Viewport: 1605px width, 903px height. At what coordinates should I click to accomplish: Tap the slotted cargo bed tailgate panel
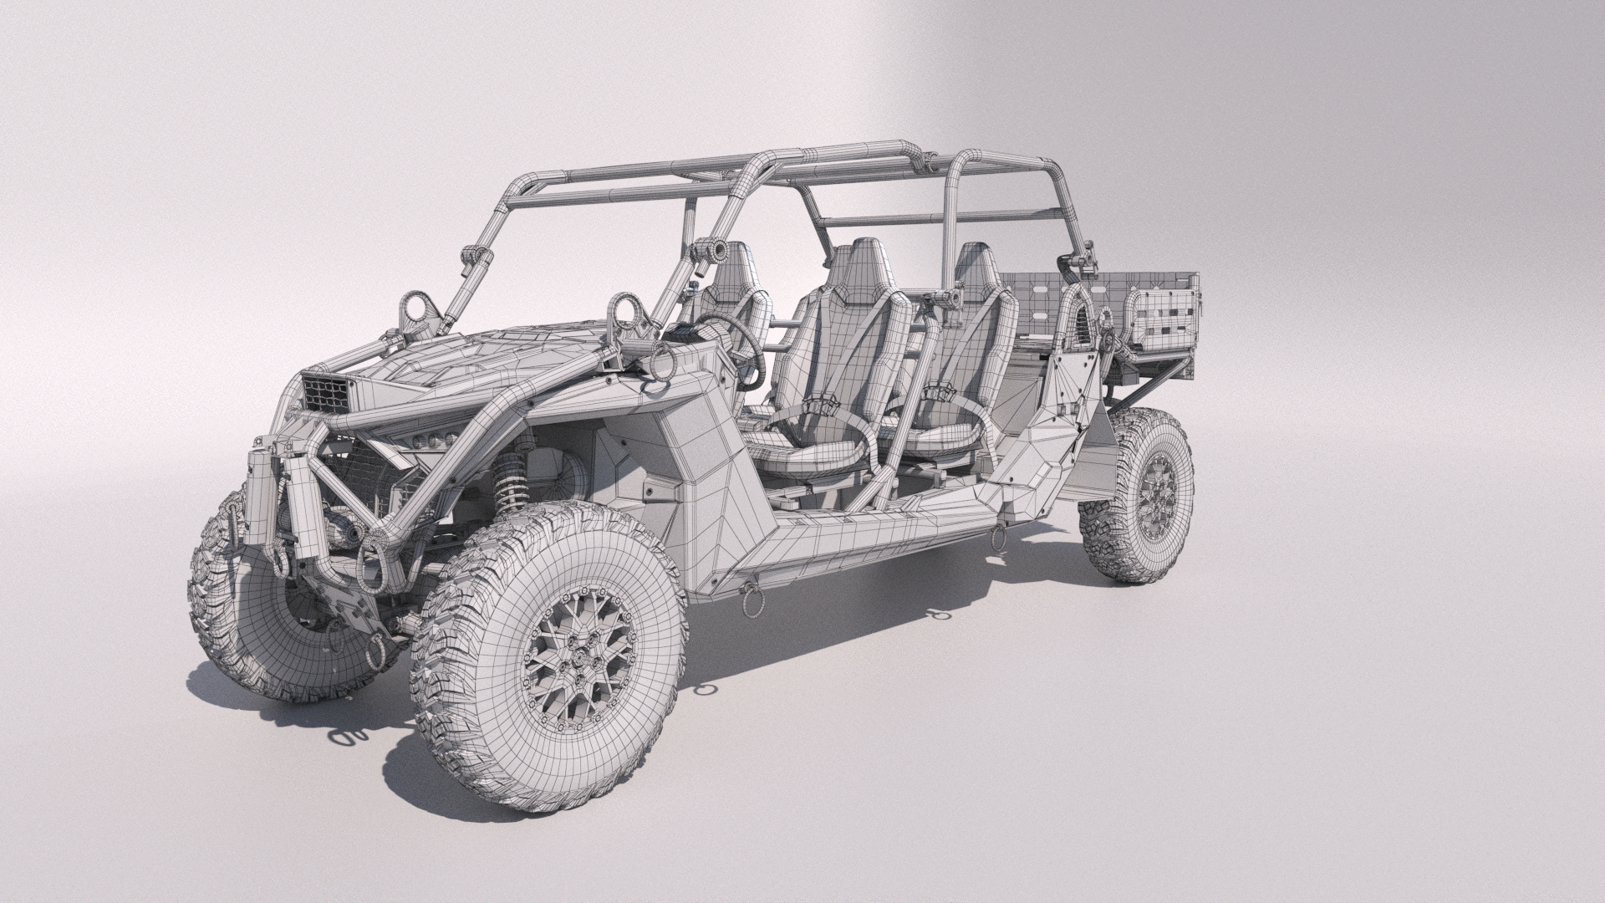pyautogui.click(x=1167, y=323)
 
